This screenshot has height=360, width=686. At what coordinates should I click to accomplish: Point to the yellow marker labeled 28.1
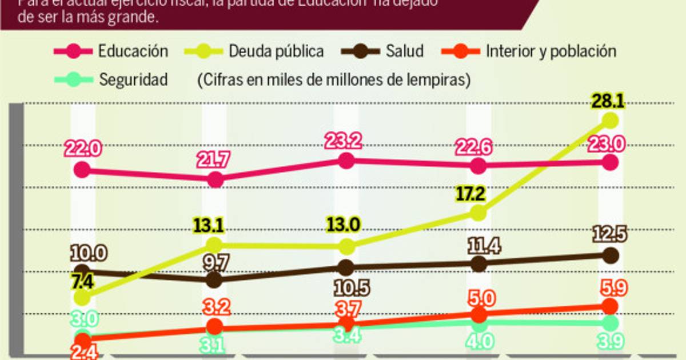coord(611,121)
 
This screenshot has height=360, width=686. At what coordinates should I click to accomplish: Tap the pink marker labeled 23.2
coord(346,161)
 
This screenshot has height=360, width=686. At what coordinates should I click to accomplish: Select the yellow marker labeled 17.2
coord(478,213)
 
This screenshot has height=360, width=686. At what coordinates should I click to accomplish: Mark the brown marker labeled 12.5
coord(611,255)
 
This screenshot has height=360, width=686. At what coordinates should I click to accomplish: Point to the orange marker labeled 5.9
coord(611,306)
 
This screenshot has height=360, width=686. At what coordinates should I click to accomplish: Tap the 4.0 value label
coord(480,342)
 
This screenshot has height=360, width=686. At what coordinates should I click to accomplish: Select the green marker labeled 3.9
coord(611,323)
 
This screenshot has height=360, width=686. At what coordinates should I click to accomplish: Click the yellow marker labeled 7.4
coord(82,298)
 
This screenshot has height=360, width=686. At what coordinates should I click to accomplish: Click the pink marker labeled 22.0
coord(82,169)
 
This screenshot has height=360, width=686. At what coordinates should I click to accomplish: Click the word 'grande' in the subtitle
coord(136,17)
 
